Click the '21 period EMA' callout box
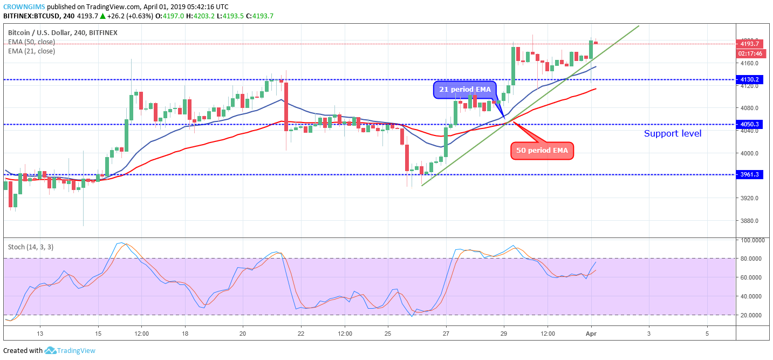pyautogui.click(x=464, y=90)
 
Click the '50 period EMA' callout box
pyautogui.click(x=542, y=151)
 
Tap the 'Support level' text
pyautogui.click(x=673, y=133)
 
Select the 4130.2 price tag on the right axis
pyautogui.click(x=750, y=80)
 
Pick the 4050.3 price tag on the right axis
pyautogui.click(x=750, y=124)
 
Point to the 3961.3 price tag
pyautogui.click(x=750, y=175)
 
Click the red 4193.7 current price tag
pyautogui.click(x=750, y=44)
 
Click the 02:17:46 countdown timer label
pyautogui.click(x=750, y=53)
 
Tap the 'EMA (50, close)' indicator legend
pyautogui.click(x=31, y=42)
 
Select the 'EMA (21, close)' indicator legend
pyautogui.click(x=31, y=51)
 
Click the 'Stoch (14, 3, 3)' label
pyautogui.click(x=30, y=247)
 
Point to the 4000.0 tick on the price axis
pyautogui.click(x=749, y=153)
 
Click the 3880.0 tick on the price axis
pyautogui.click(x=749, y=221)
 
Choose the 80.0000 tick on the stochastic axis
pyautogui.click(x=751, y=259)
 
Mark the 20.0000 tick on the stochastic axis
pyautogui.click(x=751, y=315)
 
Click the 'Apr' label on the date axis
pyautogui.click(x=591, y=334)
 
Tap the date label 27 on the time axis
pyautogui.click(x=446, y=334)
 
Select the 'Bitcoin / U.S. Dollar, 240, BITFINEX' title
pyautogui.click(x=63, y=33)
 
